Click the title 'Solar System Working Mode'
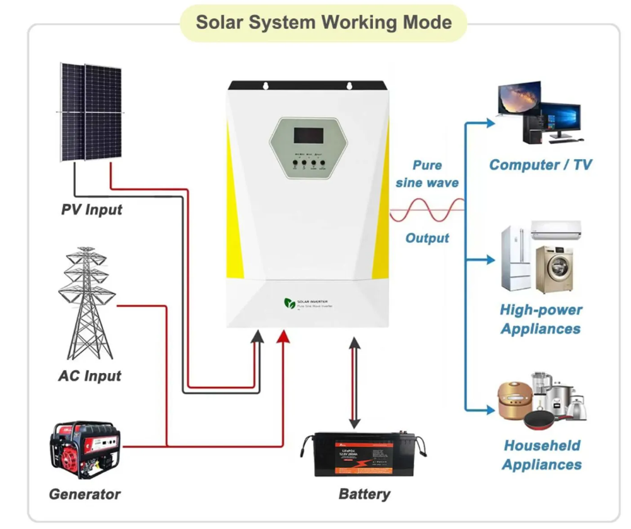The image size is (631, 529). point(324,22)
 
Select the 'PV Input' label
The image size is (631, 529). point(91,209)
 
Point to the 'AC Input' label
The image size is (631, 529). point(90,376)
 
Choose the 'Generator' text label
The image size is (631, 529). point(85,494)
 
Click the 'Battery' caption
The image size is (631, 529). point(364,494)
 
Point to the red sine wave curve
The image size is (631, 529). point(427,210)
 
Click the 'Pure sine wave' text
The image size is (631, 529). point(427,174)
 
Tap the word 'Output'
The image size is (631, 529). point(427,238)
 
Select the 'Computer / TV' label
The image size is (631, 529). point(541,165)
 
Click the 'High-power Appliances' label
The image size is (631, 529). point(541,319)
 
